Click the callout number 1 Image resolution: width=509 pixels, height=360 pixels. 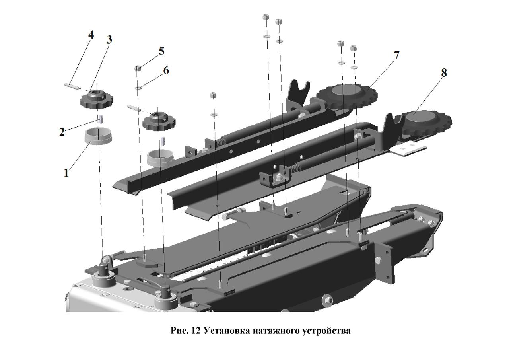coord(66,173)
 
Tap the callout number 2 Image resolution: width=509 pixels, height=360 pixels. coord(62,132)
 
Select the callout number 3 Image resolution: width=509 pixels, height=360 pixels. coord(109,40)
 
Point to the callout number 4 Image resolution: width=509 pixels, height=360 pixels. coord(91,35)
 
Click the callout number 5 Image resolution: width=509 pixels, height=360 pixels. coord(161,51)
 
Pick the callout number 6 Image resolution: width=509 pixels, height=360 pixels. coord(166,70)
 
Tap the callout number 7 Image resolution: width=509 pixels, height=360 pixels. coord(396,55)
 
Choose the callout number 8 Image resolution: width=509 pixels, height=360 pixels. coord(444,73)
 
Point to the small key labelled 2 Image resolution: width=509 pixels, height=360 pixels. coord(101,119)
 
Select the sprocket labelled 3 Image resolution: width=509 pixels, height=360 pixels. coord(97,99)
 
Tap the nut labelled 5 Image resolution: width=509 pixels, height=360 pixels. coord(138,68)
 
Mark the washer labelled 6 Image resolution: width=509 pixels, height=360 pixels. coord(138,87)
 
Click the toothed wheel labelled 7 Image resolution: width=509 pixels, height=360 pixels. coord(347,96)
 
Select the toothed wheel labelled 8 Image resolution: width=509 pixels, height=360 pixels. coord(423,123)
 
